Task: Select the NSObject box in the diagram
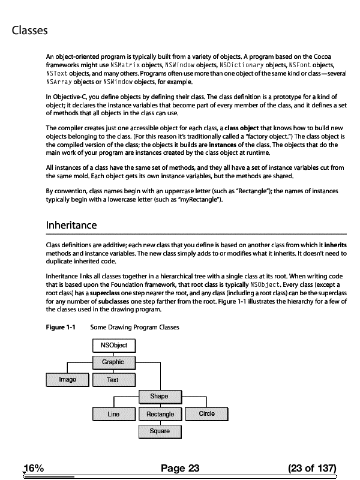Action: [114, 346]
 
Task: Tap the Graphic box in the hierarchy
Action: [113, 362]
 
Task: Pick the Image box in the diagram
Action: [67, 379]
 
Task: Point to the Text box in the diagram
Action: [113, 380]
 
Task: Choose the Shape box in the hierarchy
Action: [159, 396]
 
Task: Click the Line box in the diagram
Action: [113, 414]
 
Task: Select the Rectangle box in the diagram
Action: [160, 414]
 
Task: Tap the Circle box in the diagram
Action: [206, 413]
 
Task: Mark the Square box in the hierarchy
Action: [160, 431]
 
